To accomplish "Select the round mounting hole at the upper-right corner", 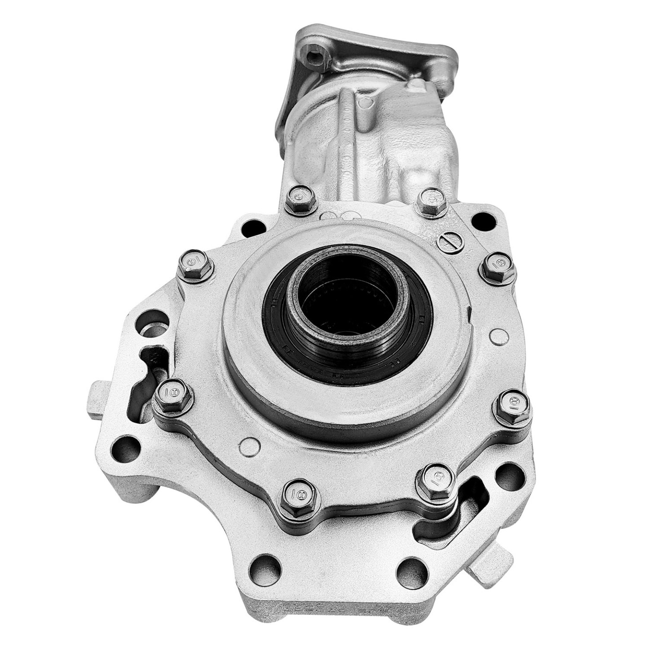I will [483, 220].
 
